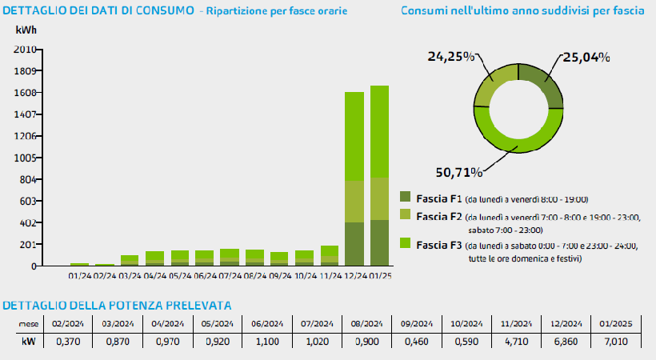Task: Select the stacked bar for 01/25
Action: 379,176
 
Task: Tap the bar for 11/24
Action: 329,256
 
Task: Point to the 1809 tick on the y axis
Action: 26,70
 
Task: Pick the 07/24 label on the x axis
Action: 230,275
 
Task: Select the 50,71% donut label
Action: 459,171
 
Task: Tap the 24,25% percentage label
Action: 450,58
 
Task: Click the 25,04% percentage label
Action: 586,58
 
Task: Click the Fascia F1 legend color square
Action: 406,198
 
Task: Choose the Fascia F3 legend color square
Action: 406,243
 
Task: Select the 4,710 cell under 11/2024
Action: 515,342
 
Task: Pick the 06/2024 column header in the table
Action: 266,324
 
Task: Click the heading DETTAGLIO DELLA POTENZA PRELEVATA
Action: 118,306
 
